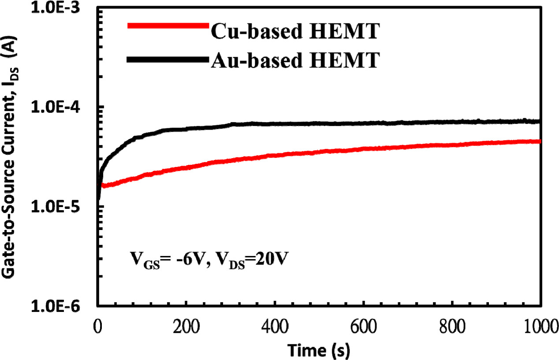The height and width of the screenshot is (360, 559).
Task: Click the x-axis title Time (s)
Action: coord(319,350)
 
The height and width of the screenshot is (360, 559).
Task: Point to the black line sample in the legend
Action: coord(168,59)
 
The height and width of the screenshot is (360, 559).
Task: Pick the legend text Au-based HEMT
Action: coord(294,61)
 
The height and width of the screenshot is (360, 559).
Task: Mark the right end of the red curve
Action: coord(540,141)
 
